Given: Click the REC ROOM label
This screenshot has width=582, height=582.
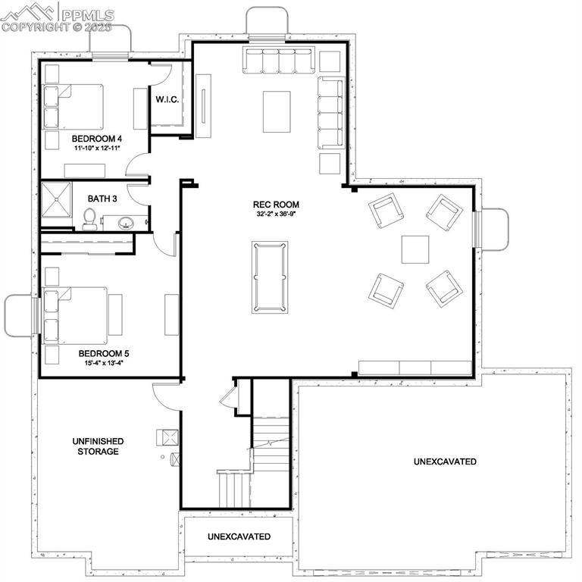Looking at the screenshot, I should tap(276, 205).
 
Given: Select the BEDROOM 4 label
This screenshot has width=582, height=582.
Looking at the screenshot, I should tap(97, 139).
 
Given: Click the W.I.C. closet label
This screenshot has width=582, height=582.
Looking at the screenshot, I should tap(167, 100).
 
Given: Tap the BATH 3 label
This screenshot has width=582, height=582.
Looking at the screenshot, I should tap(102, 199).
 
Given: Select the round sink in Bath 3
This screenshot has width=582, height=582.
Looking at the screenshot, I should tap(126, 223).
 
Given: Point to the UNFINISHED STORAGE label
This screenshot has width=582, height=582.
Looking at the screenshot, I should tap(98, 446).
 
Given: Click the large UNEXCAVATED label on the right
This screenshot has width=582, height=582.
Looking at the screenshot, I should tap(445, 462).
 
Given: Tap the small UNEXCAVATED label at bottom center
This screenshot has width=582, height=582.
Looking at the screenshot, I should tap(239, 537).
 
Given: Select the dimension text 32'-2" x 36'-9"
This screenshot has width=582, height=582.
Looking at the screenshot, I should tap(276, 214).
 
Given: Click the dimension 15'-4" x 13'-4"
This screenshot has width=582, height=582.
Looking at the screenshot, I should tap(99, 363).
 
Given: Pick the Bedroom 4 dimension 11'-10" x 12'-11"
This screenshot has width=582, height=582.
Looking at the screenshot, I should tap(98, 149).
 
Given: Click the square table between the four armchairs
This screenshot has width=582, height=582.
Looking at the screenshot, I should tap(415, 249).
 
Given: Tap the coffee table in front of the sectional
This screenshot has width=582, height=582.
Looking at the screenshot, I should tap(277, 111).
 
